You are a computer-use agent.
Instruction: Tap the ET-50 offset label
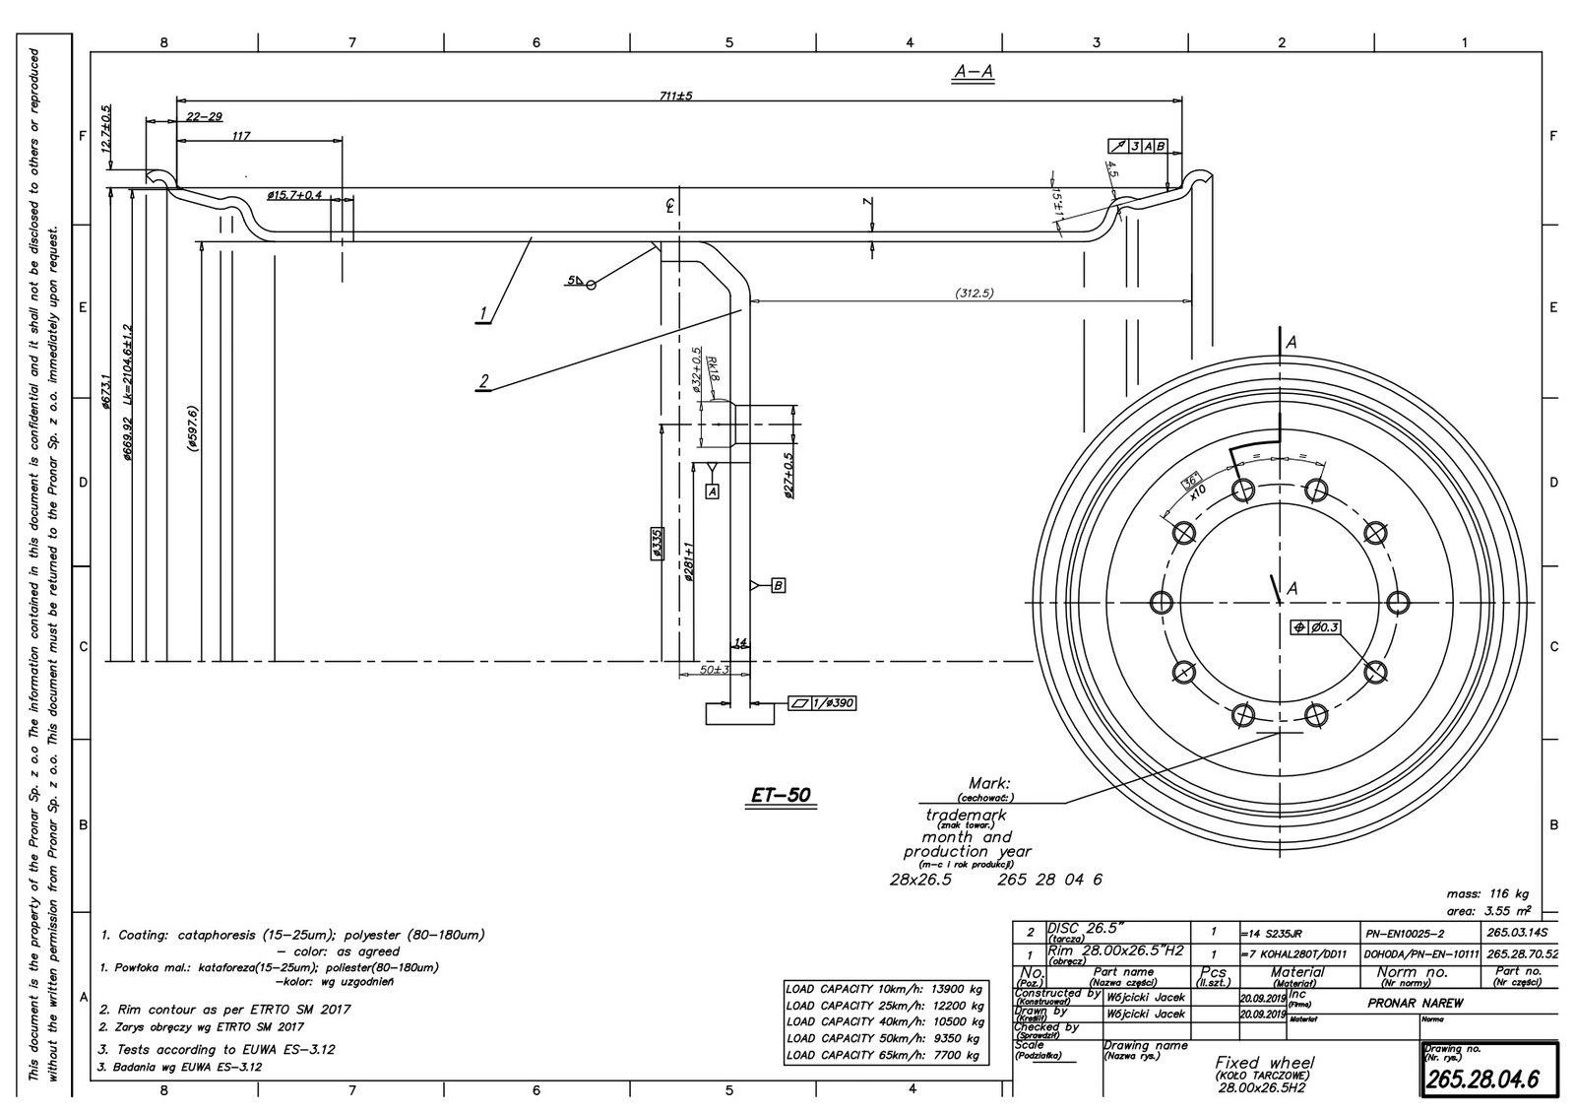(782, 793)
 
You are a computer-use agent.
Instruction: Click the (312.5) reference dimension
(972, 293)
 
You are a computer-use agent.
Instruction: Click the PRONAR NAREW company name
(1415, 1002)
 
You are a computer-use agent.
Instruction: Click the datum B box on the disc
(778, 585)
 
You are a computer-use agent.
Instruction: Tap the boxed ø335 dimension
(657, 543)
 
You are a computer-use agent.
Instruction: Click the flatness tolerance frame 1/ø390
(822, 703)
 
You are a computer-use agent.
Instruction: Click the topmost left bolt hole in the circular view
(1242, 488)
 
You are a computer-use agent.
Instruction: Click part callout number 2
(483, 381)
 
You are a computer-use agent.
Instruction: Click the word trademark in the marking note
(966, 815)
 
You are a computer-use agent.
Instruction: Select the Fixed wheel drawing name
(1264, 1064)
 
